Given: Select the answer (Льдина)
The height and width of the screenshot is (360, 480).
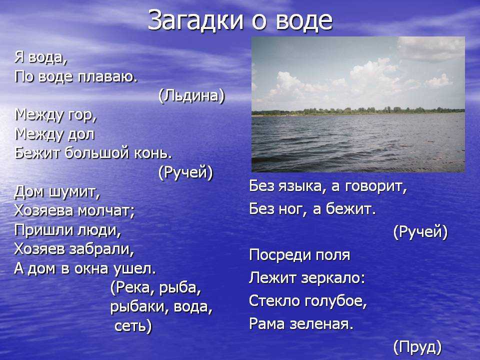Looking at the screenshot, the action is pos(191,96).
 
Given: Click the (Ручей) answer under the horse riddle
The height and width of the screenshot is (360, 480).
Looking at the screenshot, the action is pos(185,172).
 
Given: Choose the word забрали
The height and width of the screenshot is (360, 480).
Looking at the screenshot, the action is pos(102,249).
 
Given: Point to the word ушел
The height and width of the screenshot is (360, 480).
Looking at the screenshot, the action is pos(134,268).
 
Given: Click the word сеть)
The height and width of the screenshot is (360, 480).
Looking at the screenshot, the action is pos(133,326).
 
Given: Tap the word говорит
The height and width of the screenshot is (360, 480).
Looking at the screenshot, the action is pos(376,186).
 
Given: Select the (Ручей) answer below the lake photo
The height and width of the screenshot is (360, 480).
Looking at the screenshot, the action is pos(420,231).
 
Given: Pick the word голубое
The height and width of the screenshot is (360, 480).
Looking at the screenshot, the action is pos(336,301).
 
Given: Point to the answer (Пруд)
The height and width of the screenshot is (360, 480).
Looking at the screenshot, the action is pos(417,347).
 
